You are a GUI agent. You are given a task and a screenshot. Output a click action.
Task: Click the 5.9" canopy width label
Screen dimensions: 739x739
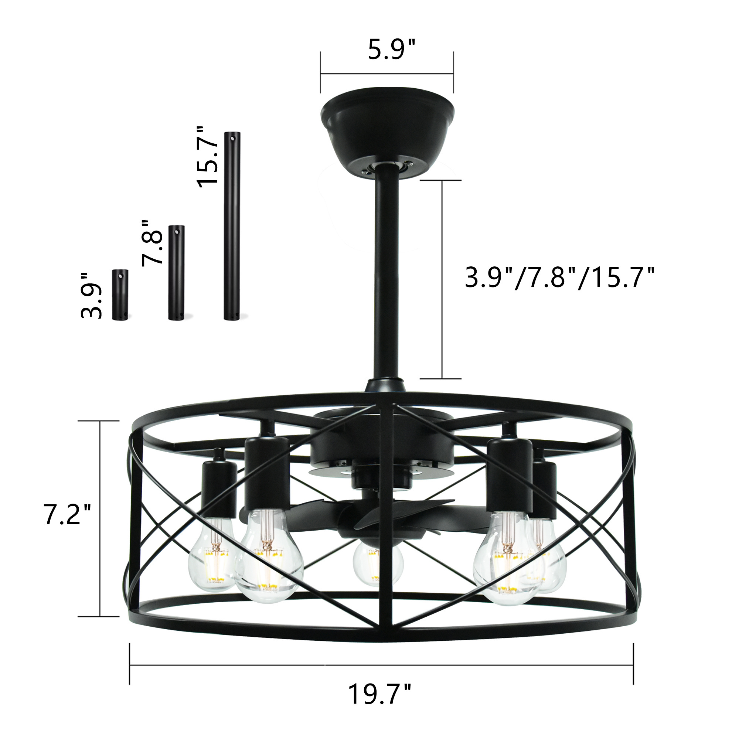(x=391, y=50)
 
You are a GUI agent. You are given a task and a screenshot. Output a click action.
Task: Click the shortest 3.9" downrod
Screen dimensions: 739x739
(x=120, y=295)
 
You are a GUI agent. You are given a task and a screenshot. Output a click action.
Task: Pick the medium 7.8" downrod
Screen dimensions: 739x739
(x=176, y=272)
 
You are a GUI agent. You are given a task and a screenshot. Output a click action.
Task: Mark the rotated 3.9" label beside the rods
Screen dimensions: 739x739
(x=92, y=296)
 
